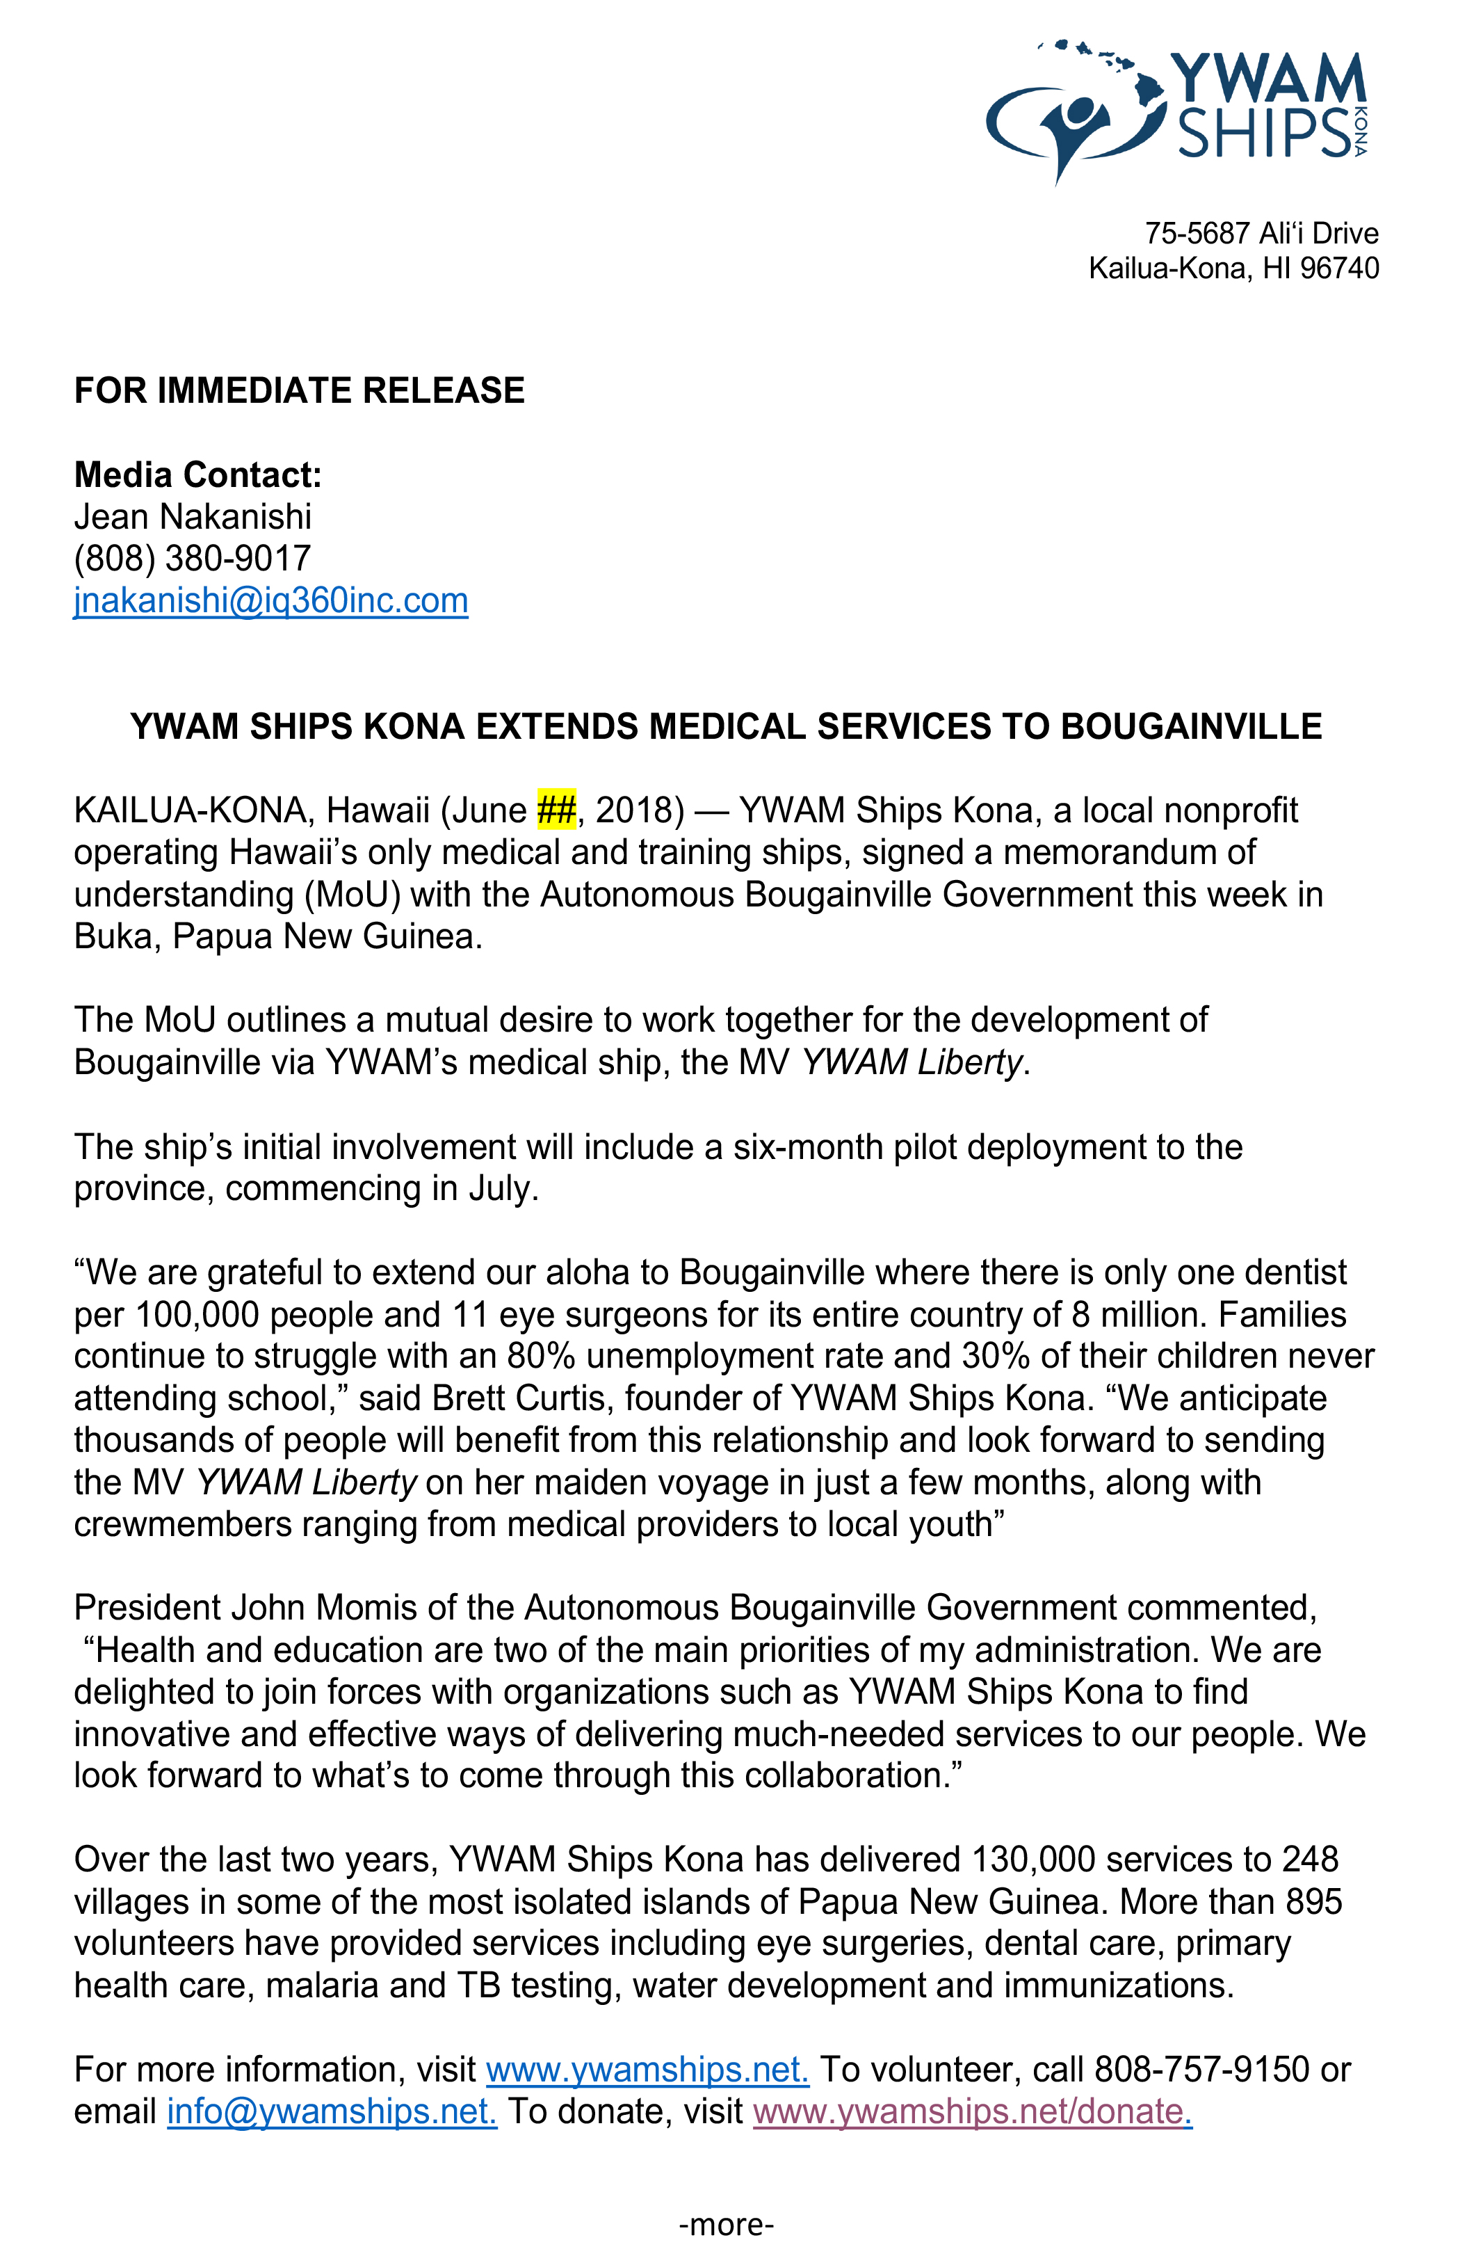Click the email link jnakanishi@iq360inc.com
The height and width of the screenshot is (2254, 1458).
point(270,600)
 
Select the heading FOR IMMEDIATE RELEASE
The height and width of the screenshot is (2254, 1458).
point(299,390)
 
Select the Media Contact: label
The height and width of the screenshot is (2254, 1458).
point(198,474)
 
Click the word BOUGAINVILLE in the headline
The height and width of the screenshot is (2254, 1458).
point(1191,726)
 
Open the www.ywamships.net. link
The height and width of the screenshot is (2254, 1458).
point(647,2070)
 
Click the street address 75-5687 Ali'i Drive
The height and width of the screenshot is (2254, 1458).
point(1261,233)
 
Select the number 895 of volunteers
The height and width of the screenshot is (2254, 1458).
point(1314,1902)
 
